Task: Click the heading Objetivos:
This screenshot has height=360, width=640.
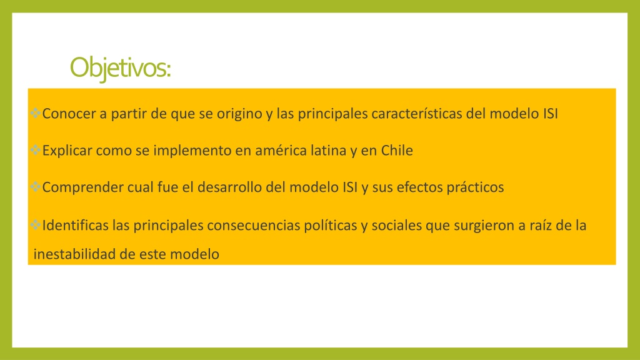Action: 120,67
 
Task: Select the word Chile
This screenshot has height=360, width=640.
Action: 397,151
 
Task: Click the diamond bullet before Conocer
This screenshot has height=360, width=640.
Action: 36,114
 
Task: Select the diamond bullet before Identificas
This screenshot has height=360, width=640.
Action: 36,226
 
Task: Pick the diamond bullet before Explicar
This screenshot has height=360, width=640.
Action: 36,151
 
